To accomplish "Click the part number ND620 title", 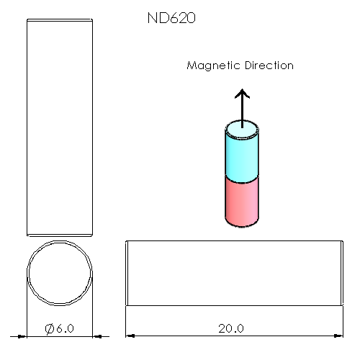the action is point(171,18).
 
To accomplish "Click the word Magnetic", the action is point(213,66).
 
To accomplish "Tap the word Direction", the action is point(269,66).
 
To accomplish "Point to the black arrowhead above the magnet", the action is point(242,94).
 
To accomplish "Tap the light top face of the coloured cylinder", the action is point(242,130).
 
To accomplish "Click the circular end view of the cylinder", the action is point(60,241).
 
